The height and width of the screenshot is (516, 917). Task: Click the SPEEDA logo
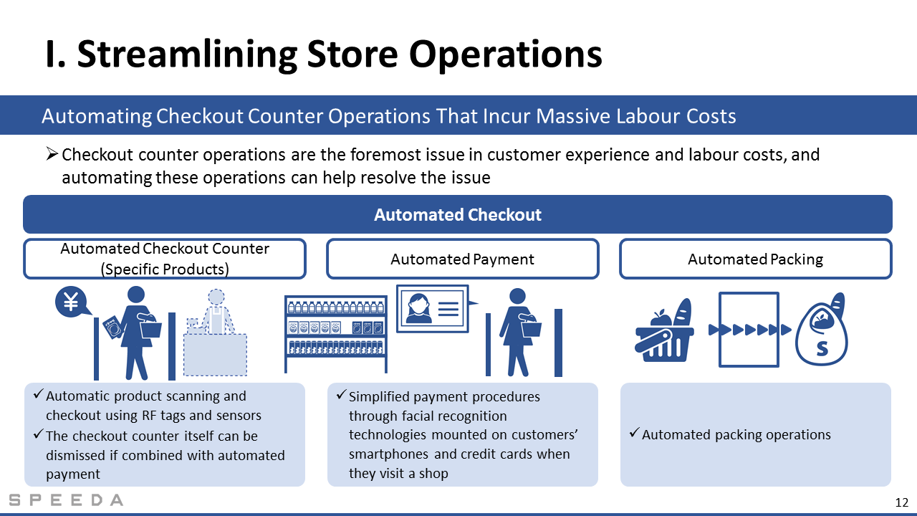coord(66,500)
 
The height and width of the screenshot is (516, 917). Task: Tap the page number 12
coord(902,502)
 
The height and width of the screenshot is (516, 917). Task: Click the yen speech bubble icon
coord(72,302)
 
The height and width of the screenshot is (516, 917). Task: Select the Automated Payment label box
coord(463,259)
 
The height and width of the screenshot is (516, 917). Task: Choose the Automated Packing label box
coord(755,259)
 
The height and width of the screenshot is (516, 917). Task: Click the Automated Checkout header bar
coord(458,214)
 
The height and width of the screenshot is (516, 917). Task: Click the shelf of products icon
coord(336,334)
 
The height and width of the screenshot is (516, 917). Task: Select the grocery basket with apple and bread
coord(664,330)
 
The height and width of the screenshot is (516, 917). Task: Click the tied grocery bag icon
coord(822,329)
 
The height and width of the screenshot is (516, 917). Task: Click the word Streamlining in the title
coord(187,54)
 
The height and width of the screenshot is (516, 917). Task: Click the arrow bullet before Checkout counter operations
coord(52,154)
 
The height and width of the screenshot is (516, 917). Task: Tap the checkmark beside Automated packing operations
coord(634,432)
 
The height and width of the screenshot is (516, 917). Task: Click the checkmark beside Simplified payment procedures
coord(342,394)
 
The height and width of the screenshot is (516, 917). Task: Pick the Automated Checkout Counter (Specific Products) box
coord(165,259)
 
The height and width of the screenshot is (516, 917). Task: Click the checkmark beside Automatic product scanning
coord(39,394)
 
